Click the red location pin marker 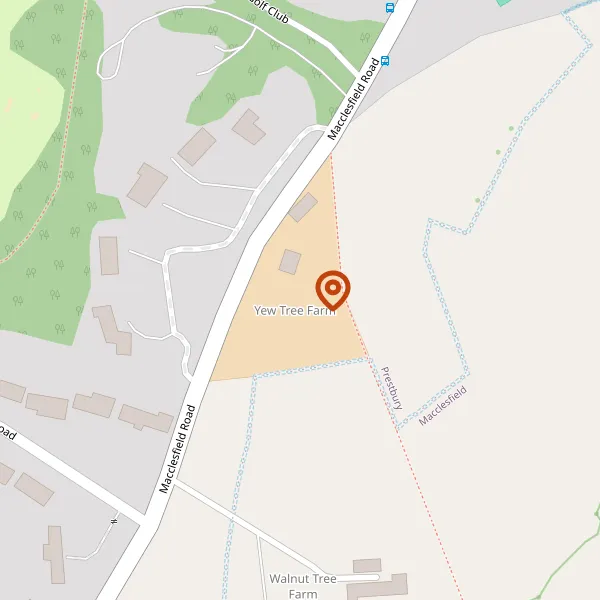[332, 290]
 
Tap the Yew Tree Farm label [294, 311]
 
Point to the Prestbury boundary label [391, 388]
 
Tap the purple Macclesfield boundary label [443, 406]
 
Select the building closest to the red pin [290, 262]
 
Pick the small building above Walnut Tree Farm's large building [367, 566]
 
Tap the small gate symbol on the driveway [114, 519]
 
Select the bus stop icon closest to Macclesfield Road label [385, 60]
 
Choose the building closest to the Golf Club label [248, 126]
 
